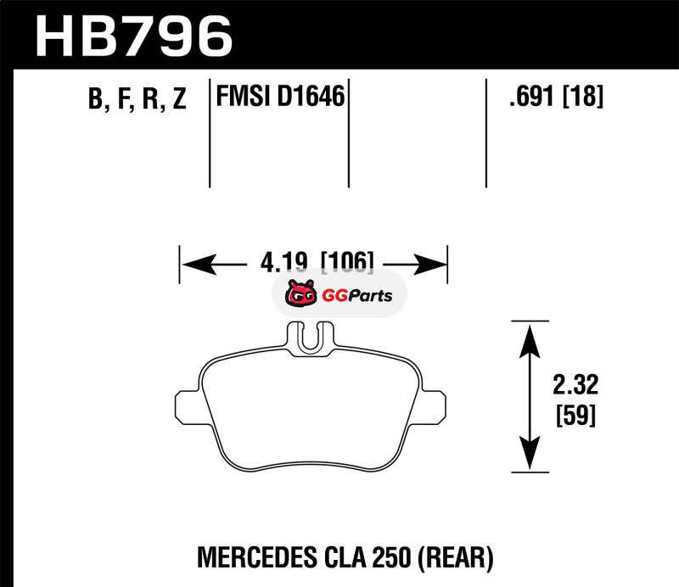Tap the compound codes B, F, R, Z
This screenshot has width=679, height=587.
136,100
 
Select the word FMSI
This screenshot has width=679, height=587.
241,98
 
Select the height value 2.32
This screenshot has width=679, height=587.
575,387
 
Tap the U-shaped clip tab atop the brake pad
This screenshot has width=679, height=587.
311,337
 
